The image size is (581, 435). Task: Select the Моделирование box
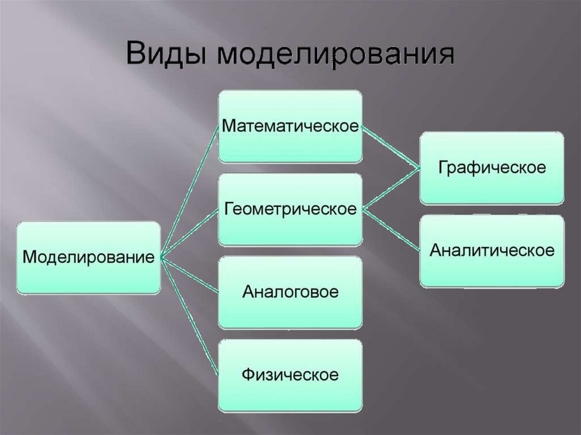click(x=89, y=257)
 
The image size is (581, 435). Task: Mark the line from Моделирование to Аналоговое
click(x=190, y=275)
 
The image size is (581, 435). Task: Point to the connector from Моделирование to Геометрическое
click(x=190, y=234)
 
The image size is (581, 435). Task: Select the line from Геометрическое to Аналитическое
click(x=391, y=230)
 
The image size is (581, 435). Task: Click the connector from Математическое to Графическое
click(x=391, y=147)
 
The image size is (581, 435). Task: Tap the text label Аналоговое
click(x=290, y=293)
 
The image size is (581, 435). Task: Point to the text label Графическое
click(x=491, y=167)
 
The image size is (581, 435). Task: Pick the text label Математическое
click(x=290, y=126)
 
